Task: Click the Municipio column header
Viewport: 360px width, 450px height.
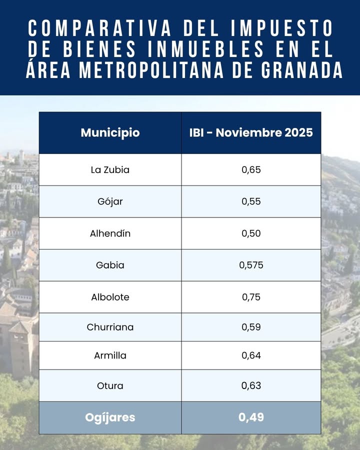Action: coord(110,133)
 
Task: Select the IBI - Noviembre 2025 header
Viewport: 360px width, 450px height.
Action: coord(251,133)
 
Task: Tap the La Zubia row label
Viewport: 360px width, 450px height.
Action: coord(110,169)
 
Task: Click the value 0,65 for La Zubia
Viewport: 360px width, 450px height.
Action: coord(251,169)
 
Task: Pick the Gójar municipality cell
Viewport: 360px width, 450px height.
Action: coord(110,201)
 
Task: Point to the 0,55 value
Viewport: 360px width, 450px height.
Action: coord(251,201)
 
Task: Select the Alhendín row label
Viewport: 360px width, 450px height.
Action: coord(110,233)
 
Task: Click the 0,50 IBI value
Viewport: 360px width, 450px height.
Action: coord(251,233)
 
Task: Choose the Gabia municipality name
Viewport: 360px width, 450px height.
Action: coord(110,265)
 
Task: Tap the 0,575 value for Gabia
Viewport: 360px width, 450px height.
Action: coord(251,265)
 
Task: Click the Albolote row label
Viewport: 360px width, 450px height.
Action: coord(110,297)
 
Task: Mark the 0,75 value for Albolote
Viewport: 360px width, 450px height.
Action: coord(251,297)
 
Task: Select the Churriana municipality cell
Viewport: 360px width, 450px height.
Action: coord(110,327)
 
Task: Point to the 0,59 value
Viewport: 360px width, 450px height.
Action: coord(251,327)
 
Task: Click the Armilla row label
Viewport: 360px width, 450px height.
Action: coord(110,356)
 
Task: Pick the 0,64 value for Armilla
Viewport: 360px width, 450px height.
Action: coord(251,356)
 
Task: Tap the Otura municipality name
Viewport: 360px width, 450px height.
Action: coord(110,386)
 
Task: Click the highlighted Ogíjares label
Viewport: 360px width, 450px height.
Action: coord(110,417)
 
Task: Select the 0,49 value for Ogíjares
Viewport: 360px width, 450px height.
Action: coord(251,417)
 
